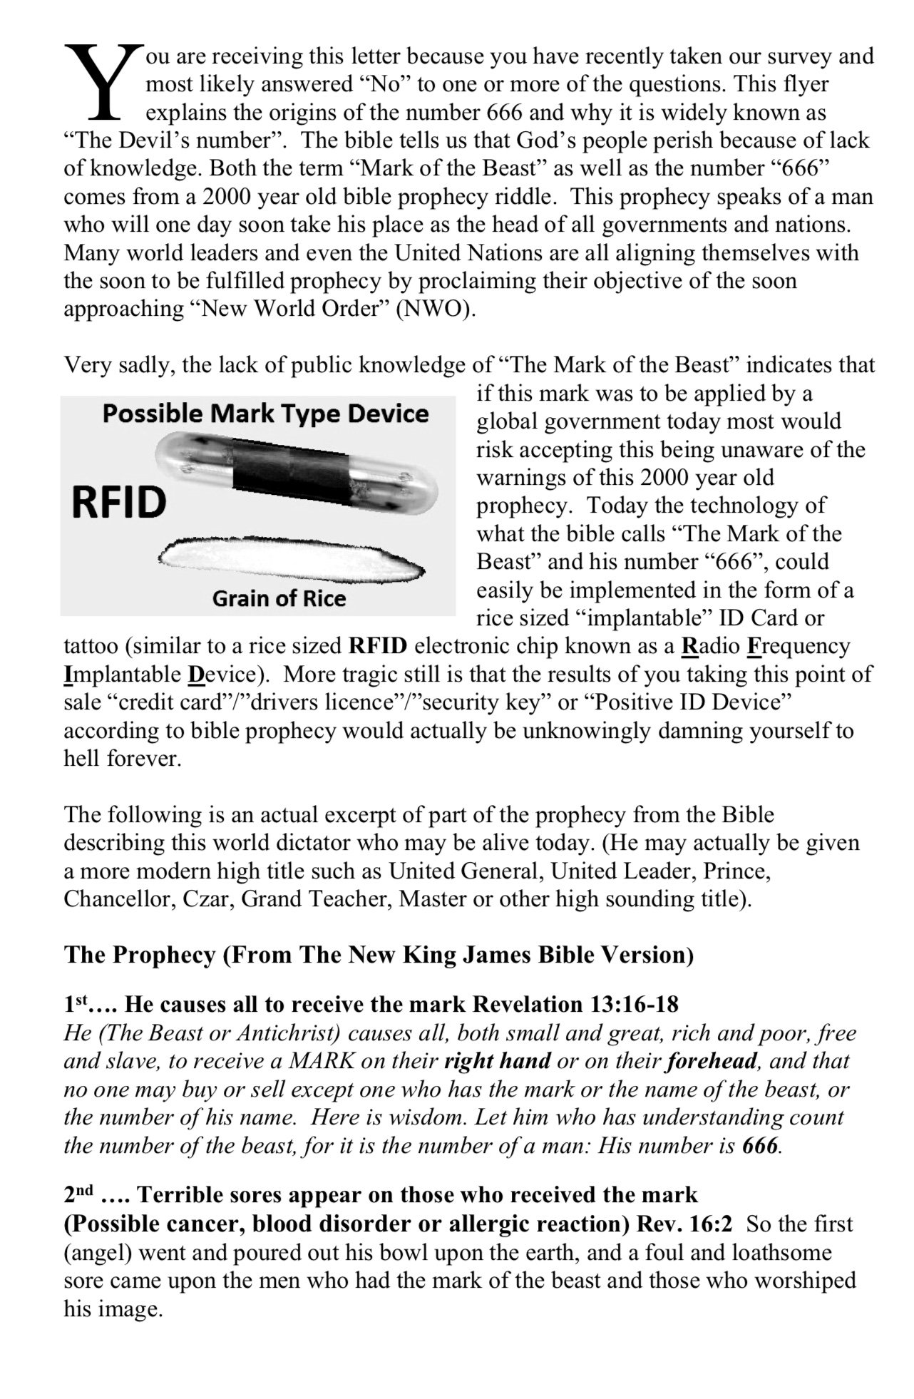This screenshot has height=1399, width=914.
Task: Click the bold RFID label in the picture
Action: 118,502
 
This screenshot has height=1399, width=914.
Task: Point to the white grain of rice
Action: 291,557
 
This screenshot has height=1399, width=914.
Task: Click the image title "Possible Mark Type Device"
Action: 265,414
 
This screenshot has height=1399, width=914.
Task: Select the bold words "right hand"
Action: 497,1061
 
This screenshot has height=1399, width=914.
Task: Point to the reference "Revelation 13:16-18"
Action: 575,1004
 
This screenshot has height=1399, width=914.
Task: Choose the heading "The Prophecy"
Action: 139,955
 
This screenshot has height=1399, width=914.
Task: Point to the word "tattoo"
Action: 91,646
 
